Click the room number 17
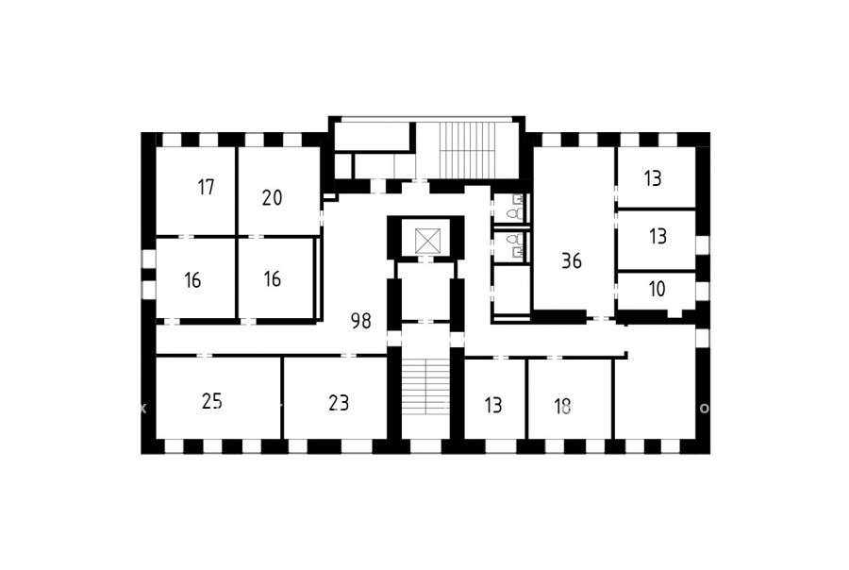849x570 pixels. pyautogui.click(x=206, y=188)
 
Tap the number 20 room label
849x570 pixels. pyautogui.click(x=272, y=198)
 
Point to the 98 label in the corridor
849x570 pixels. pyautogui.click(x=361, y=321)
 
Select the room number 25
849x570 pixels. pyautogui.click(x=211, y=401)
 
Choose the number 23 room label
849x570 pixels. pyautogui.click(x=339, y=403)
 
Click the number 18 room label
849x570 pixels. pyautogui.click(x=562, y=406)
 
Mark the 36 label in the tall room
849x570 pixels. pyautogui.click(x=572, y=260)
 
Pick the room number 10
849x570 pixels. pyautogui.click(x=657, y=289)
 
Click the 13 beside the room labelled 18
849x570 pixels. pyautogui.click(x=493, y=405)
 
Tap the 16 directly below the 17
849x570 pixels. pyautogui.click(x=192, y=280)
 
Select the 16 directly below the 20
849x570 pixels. pyautogui.click(x=272, y=279)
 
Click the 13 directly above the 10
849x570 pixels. pyautogui.click(x=658, y=236)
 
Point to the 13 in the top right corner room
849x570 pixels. pyautogui.click(x=653, y=178)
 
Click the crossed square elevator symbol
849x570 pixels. pyautogui.click(x=427, y=241)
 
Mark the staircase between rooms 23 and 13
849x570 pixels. pyautogui.click(x=426, y=386)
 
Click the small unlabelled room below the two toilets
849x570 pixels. pyautogui.click(x=511, y=289)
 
